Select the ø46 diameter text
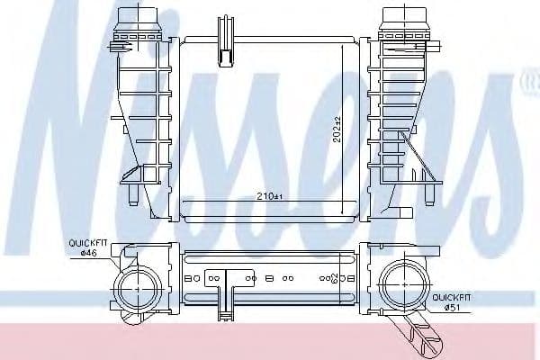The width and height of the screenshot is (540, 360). pyautogui.click(x=88, y=253)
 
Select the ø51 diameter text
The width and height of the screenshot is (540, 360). pyautogui.click(x=453, y=309)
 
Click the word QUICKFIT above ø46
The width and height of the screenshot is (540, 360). pyautogui.click(x=88, y=243)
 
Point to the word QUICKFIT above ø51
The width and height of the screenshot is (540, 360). pyautogui.click(x=453, y=298)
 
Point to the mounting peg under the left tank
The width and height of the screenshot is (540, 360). pyautogui.click(x=132, y=195)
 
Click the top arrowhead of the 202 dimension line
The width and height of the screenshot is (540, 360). pyautogui.click(x=344, y=45)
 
